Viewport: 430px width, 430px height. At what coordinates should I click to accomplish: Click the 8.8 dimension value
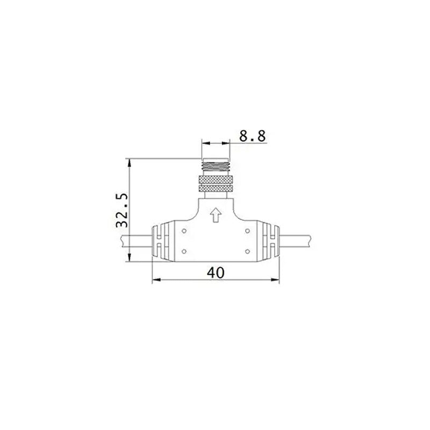(252, 135)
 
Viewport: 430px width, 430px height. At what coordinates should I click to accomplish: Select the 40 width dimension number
(215, 273)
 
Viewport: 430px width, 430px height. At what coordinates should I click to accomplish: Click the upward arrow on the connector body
(215, 215)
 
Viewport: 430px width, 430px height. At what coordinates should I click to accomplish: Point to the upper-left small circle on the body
(184, 231)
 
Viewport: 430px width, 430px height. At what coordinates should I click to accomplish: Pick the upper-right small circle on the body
(247, 231)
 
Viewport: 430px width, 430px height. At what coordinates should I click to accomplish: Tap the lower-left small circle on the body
(184, 251)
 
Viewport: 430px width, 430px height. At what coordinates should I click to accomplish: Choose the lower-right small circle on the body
(247, 251)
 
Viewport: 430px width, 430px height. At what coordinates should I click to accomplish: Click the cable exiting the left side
(137, 241)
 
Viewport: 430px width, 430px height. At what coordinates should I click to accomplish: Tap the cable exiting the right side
(295, 241)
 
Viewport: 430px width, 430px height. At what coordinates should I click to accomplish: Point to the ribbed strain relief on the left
(159, 241)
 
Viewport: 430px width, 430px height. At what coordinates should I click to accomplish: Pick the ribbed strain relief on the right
(271, 241)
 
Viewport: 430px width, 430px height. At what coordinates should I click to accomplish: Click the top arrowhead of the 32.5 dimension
(130, 161)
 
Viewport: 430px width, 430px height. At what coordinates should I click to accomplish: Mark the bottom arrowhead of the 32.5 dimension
(130, 258)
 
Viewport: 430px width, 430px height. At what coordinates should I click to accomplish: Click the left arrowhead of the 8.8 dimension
(204, 143)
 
